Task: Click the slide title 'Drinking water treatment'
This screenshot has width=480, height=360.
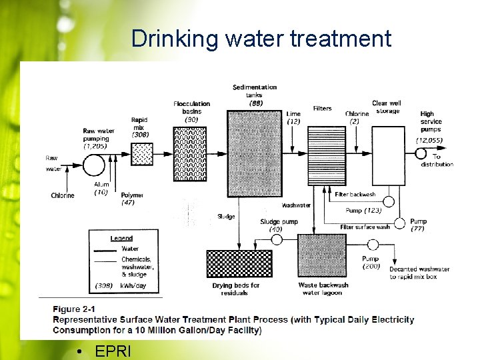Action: [261, 39]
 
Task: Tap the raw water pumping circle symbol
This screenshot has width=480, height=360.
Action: [93, 163]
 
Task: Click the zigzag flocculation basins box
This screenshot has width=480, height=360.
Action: [190, 154]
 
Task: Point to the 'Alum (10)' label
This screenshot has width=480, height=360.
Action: [101, 188]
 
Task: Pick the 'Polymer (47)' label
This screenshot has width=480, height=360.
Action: [133, 198]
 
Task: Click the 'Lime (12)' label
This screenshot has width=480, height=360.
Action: [293, 117]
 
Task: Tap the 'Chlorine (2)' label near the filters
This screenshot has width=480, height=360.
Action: [357, 117]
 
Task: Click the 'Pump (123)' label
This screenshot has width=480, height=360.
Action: [363, 211]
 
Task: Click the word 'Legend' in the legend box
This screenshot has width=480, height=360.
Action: [121, 238]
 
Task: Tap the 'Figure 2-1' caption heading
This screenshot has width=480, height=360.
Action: [75, 309]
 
